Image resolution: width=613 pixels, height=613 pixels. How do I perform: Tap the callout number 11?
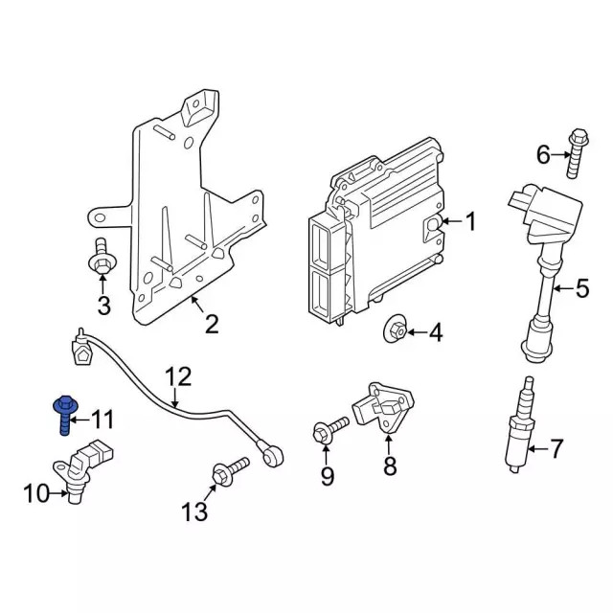(x=102, y=419)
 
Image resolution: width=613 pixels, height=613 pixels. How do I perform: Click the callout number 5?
(x=581, y=286)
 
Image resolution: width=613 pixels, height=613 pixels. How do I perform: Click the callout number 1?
(x=469, y=222)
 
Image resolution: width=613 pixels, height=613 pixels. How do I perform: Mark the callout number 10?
(x=35, y=494)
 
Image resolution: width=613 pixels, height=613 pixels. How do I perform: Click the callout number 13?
(x=193, y=512)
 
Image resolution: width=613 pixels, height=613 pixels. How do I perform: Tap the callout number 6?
(x=543, y=154)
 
